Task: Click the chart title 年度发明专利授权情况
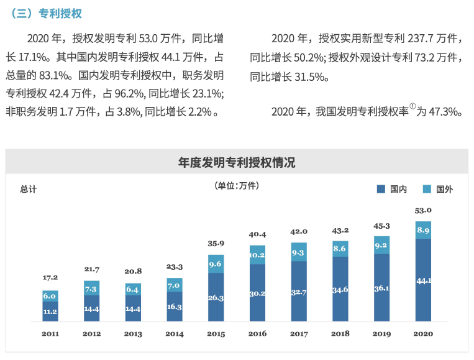(x=237, y=163)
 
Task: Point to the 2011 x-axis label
(x=50, y=334)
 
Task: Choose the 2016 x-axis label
(x=257, y=334)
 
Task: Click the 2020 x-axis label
(x=423, y=334)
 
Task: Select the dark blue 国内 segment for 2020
(x=423, y=280)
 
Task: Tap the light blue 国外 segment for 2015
(x=216, y=264)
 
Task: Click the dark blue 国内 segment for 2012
(x=92, y=308)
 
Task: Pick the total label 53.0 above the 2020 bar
(x=423, y=210)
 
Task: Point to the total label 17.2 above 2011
(x=50, y=277)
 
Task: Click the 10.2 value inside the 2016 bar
(x=257, y=255)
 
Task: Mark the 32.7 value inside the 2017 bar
(x=299, y=291)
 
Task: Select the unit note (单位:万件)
(x=237, y=185)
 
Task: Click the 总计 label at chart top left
(x=29, y=189)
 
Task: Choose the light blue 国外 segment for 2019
(x=381, y=245)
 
